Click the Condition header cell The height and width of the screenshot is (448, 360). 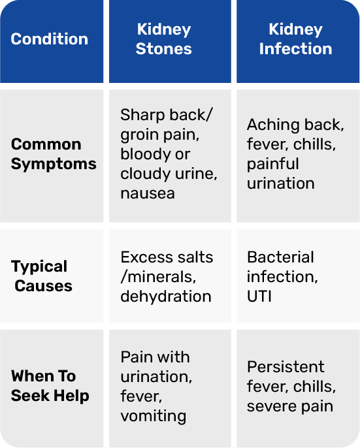point(52,41)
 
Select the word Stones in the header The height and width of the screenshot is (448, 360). point(164,48)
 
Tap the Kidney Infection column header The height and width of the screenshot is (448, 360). point(298,41)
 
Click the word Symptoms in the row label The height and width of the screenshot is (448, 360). point(54,165)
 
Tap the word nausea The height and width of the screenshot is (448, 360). point(148,193)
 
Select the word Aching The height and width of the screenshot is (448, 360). point(273,125)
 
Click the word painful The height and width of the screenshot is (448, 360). point(273,165)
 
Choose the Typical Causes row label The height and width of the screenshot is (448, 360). point(41,276)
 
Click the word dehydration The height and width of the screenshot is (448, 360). point(166,296)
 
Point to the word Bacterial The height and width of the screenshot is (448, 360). point(280,257)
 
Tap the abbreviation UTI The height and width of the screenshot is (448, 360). point(259,296)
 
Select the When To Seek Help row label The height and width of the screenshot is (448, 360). point(50,386)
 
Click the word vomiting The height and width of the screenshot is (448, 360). point(154,416)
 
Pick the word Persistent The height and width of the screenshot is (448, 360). point(286,366)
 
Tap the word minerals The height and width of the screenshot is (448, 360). point(161,277)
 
